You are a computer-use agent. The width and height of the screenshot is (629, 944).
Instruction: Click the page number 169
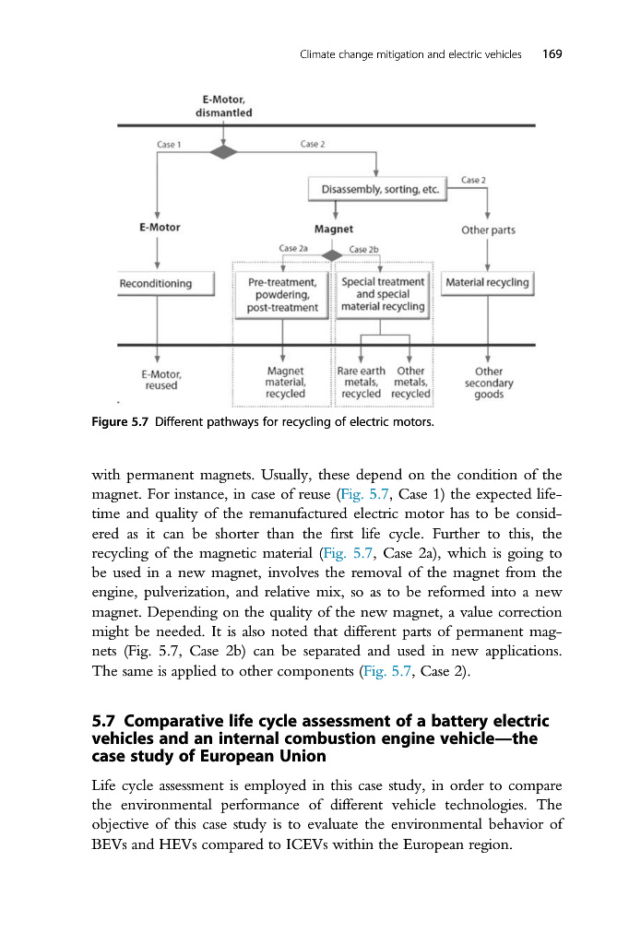pyautogui.click(x=552, y=54)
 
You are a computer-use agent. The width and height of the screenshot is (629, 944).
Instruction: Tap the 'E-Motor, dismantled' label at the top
pyautogui.click(x=223, y=106)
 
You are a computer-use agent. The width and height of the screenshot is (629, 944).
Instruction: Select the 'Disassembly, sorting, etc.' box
pyautogui.click(x=376, y=190)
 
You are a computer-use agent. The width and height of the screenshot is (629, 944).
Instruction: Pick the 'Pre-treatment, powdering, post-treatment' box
pyautogui.click(x=283, y=294)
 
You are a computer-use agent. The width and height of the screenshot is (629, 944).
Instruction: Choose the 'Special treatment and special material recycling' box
pyautogui.click(x=383, y=293)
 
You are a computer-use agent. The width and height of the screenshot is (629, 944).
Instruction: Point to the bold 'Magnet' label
pyautogui.click(x=334, y=229)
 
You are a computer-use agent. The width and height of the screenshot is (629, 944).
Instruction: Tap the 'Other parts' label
pyautogui.click(x=488, y=230)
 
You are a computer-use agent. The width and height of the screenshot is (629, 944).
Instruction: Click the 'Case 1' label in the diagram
pyautogui.click(x=169, y=144)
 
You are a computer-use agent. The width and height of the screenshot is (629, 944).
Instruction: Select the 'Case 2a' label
pyautogui.click(x=292, y=249)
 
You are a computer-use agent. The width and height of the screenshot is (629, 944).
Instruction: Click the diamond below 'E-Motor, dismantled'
pyautogui.click(x=223, y=151)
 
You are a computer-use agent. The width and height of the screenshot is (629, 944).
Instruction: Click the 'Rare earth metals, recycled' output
pyautogui.click(x=361, y=383)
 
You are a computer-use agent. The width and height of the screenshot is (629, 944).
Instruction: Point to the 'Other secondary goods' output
pyautogui.click(x=488, y=383)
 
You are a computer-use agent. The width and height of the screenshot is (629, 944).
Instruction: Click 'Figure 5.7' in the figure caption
pyautogui.click(x=121, y=423)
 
